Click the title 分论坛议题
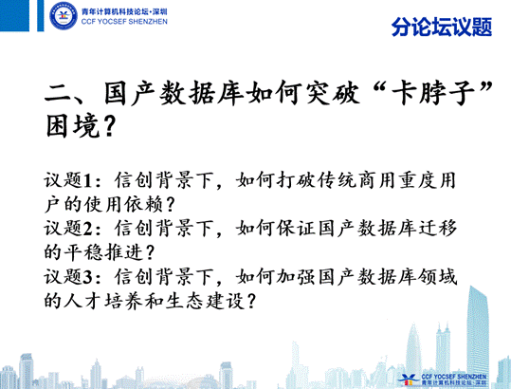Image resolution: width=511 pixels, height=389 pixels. click(x=442, y=27)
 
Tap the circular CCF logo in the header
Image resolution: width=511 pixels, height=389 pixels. click(x=64, y=15)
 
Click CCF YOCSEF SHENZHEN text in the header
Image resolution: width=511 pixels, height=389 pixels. click(x=124, y=22)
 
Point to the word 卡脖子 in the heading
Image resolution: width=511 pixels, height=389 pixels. click(x=433, y=93)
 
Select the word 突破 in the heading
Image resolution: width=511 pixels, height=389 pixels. click(x=333, y=93)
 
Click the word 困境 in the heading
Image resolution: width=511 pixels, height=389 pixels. click(x=72, y=125)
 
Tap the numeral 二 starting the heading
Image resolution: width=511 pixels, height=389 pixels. click(x=57, y=95)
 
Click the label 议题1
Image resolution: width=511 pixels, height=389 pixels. click(x=68, y=180)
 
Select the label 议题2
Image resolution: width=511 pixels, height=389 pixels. click(x=68, y=228)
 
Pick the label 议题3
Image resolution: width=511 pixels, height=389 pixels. click(x=68, y=276)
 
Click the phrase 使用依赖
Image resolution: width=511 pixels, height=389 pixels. click(x=124, y=204)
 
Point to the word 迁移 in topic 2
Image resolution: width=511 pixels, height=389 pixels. click(x=437, y=228)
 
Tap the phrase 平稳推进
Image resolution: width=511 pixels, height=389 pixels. click(x=103, y=252)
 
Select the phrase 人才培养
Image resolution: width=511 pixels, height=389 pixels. click(x=103, y=301)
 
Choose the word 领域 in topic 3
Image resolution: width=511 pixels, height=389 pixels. click(x=437, y=276)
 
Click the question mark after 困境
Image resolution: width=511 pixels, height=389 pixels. click(x=110, y=126)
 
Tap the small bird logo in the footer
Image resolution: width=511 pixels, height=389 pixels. click(x=408, y=379)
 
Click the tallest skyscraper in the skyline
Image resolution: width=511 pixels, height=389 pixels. click(x=477, y=329)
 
